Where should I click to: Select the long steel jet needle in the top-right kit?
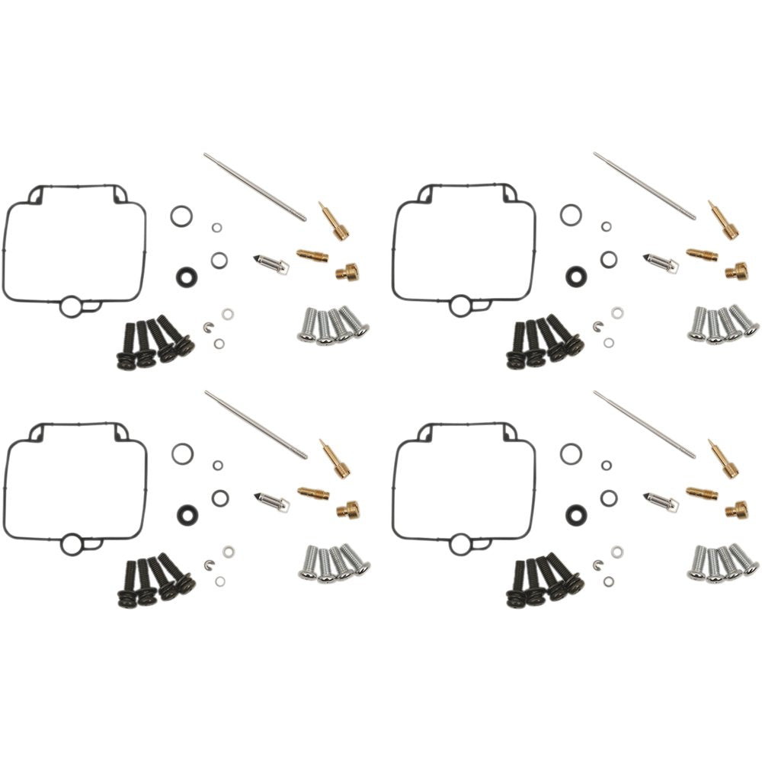pos(644,186)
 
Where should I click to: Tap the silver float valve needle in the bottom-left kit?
pos(272,501)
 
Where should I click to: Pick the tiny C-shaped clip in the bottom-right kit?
pos(597,565)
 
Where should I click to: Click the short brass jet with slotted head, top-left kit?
pos(347,271)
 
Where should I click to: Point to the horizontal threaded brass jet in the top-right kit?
pos(701,255)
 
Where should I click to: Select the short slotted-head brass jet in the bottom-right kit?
pos(736,508)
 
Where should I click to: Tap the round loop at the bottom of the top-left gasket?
pos(70,307)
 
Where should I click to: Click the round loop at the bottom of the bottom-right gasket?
pos(459,544)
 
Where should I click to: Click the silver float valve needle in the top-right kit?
pos(661,263)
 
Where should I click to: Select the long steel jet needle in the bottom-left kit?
pos(255,424)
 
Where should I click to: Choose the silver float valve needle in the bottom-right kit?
pos(661,501)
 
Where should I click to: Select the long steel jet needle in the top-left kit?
pos(255,187)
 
